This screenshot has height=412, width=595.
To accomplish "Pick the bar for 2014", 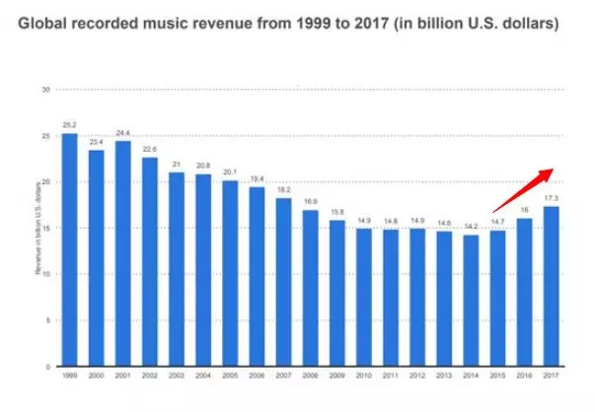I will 471,301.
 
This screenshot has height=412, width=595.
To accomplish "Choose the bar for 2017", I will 551,286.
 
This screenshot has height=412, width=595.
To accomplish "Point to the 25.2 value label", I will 69,125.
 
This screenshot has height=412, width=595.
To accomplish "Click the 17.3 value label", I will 551,198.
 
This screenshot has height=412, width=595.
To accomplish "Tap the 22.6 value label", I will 150,149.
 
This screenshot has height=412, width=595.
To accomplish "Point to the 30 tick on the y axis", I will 45,90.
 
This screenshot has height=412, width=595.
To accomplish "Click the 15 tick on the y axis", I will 45,228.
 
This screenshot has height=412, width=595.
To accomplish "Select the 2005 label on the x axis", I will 230,377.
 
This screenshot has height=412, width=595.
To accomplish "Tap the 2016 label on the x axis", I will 524,377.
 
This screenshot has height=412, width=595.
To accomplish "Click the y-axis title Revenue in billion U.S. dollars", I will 37,229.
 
